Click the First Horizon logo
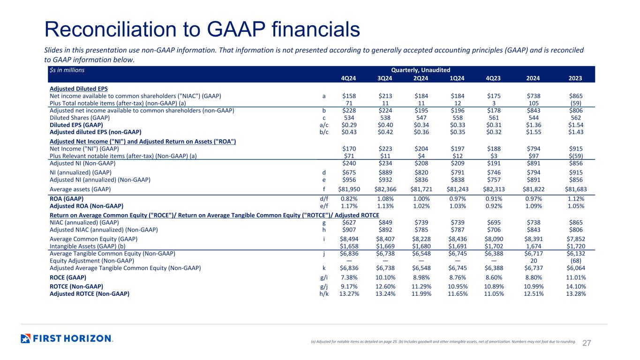tap(67, 338)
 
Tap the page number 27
tap(587, 343)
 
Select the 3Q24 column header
tap(384, 78)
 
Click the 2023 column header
tap(575, 78)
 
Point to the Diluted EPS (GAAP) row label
tap(76, 125)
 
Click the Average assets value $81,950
tap(349, 189)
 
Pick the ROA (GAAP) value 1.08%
tap(385, 199)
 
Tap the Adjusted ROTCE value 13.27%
tap(349, 294)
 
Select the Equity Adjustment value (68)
tap(576, 261)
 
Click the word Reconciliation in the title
tap(110, 29)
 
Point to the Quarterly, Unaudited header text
tap(421, 70)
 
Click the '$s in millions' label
tap(67, 70)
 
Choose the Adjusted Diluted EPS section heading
tap(79, 89)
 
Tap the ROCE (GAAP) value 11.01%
tap(576, 277)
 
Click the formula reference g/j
tap(324, 286)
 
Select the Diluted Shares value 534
tap(349, 118)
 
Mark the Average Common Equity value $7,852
tap(576, 239)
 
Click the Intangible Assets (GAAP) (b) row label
tap(87, 246)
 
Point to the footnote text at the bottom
tap(443, 341)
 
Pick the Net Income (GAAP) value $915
tap(576, 149)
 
